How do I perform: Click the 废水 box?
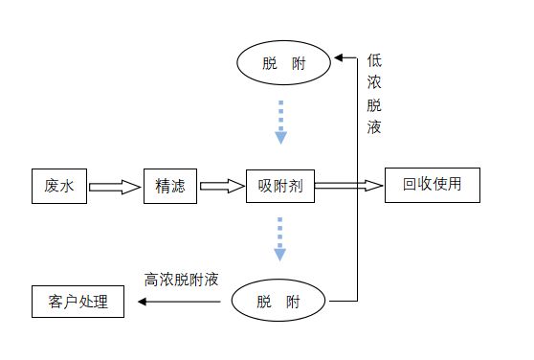[x=58, y=186]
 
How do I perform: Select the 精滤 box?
[x=169, y=186]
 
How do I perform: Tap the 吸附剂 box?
[x=280, y=186]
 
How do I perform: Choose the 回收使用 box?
[x=431, y=185]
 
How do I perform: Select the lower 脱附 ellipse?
[x=278, y=303]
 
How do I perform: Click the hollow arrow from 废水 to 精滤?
[x=115, y=187]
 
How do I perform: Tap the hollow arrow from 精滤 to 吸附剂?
[x=222, y=187]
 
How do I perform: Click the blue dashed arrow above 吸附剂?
[x=280, y=121]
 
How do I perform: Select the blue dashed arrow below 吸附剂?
[x=280, y=239]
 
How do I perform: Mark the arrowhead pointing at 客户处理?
[x=143, y=303]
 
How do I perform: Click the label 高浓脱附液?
[x=182, y=281]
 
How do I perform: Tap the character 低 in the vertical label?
[x=373, y=60]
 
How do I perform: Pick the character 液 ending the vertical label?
[x=373, y=127]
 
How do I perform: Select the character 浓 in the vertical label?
[x=373, y=82]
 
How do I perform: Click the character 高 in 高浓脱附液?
[x=151, y=281]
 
